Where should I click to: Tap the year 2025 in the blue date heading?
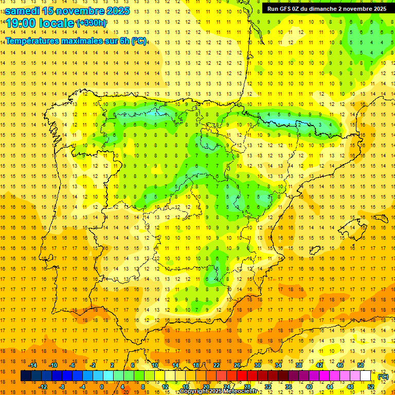(115, 10)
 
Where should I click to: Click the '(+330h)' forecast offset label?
(91, 23)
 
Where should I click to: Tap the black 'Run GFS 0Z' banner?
(327, 8)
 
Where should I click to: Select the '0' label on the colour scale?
(101, 387)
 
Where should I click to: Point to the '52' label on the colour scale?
(370, 387)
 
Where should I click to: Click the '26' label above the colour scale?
(237, 365)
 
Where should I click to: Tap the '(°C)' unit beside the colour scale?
(383, 376)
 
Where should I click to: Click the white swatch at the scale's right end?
(365, 376)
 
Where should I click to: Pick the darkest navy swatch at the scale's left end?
(26, 376)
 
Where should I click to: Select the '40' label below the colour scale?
(309, 387)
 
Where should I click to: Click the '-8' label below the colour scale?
(62, 387)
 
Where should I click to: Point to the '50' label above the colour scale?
(360, 365)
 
